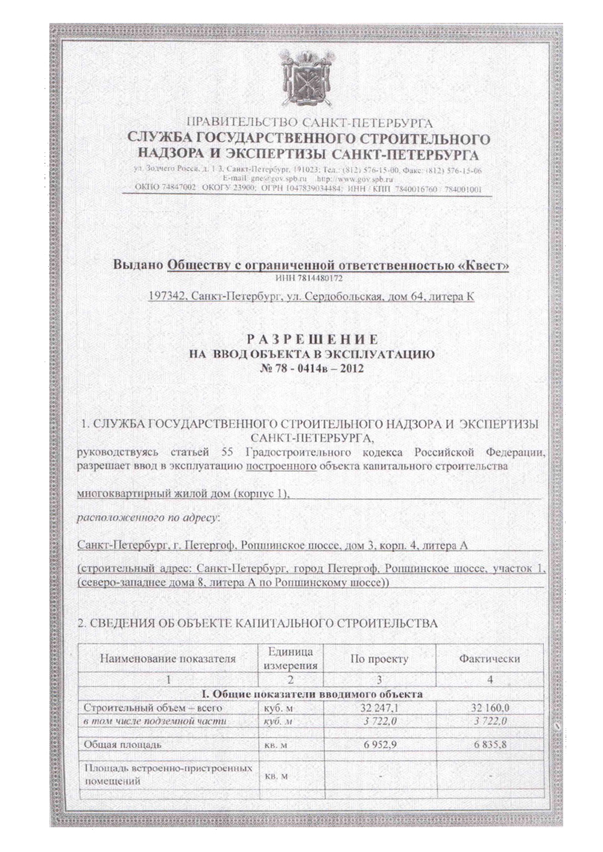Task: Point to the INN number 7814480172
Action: coord(308,278)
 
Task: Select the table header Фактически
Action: coord(489,659)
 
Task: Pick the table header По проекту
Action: coord(379,659)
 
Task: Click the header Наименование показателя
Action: coord(168,659)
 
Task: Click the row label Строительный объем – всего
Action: coord(153,707)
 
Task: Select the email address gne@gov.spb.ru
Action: coord(265,179)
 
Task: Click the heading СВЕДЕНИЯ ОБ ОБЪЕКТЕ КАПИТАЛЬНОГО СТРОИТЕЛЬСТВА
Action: coord(257,623)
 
